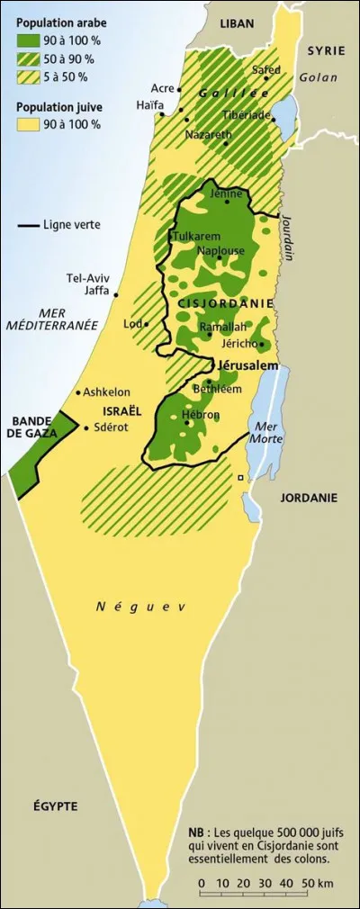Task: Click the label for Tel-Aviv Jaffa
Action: pos(88,284)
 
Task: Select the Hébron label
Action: pos(201,415)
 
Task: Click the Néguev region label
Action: pos(140,607)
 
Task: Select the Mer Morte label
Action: pos(269,432)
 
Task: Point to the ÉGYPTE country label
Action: pos(56,805)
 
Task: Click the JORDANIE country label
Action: pos(308,497)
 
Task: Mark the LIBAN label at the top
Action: pos(238,23)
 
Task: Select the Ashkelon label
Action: pos(107,392)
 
